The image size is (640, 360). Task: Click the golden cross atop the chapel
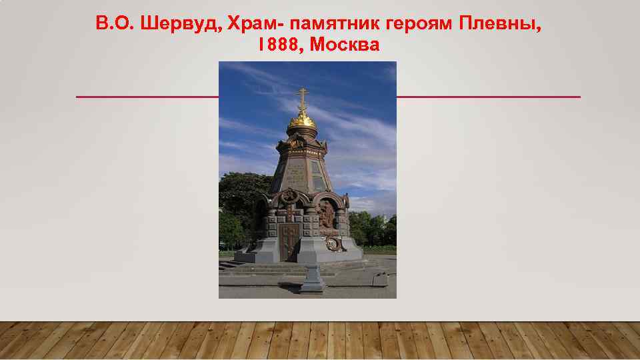point(302,98)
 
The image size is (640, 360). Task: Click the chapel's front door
point(289,241)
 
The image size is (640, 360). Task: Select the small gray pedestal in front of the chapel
point(311,277)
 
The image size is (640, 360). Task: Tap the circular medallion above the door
point(289,197)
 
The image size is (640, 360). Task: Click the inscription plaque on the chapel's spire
point(296,173)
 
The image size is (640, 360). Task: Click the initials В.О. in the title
point(113,25)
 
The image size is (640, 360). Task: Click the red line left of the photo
point(147,97)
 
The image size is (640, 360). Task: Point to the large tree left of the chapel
point(240,200)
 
